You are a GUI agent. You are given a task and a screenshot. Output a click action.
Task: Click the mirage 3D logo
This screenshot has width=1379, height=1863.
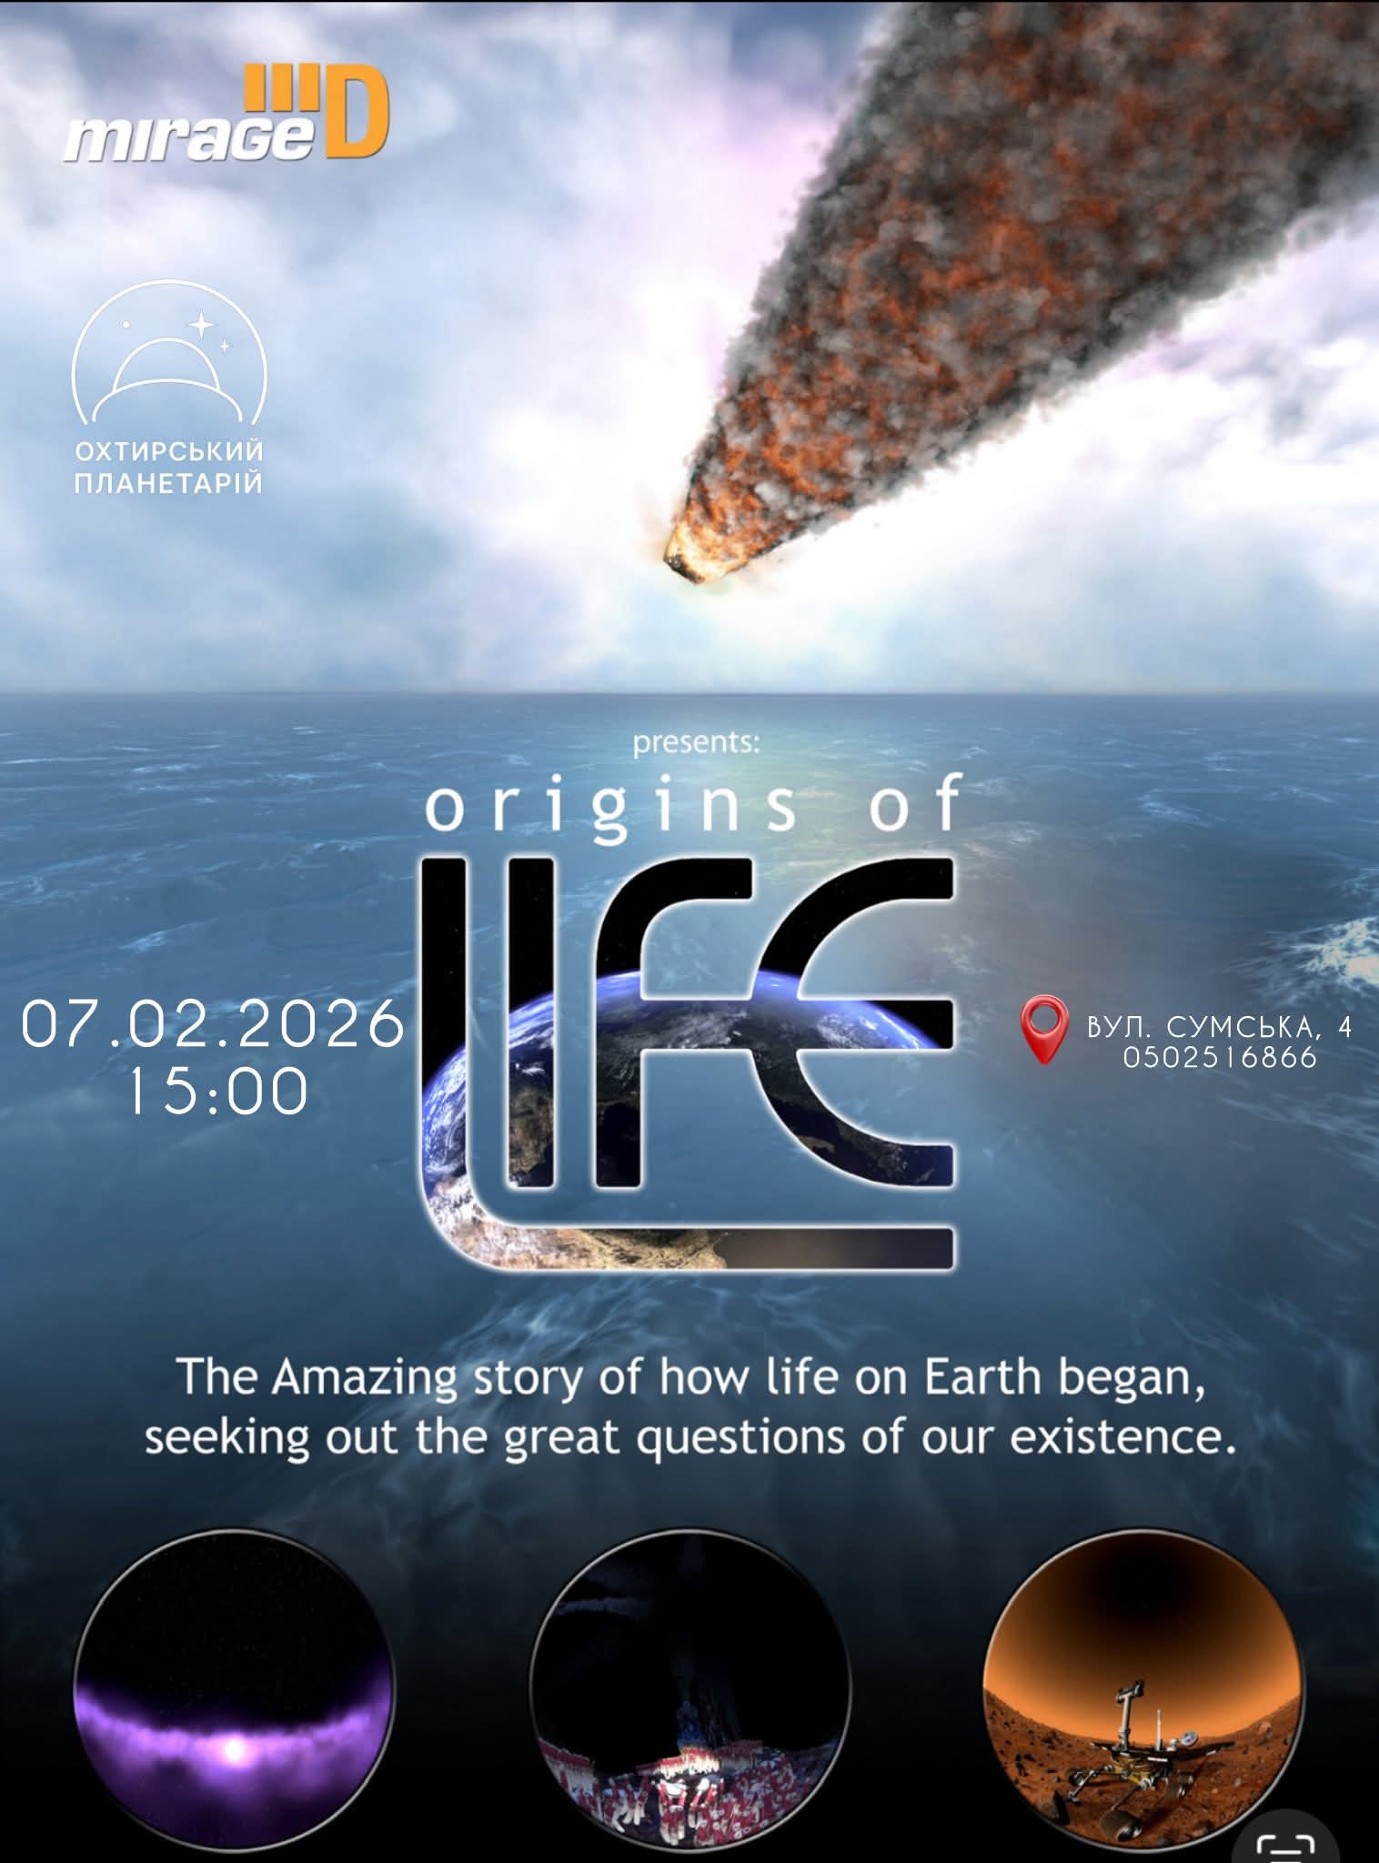pos(226,116)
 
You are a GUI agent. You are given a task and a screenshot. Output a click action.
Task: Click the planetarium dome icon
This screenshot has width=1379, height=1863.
pos(169,355)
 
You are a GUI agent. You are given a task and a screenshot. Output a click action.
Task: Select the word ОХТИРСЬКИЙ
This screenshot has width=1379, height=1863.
pos(169,451)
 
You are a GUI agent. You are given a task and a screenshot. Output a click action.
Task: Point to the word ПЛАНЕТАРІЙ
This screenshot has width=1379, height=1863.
pos(169,482)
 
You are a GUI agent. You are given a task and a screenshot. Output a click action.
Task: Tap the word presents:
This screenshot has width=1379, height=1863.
pos(696,743)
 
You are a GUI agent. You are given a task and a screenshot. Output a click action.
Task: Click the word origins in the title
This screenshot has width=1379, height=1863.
pos(611,805)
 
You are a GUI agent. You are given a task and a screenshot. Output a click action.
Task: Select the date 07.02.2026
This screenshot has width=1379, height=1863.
pos(213,1024)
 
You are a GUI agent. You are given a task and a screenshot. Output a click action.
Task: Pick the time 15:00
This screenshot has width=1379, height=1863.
pos(217,1091)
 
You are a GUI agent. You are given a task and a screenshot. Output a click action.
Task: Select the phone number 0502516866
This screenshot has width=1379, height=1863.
pos(1220,1057)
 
